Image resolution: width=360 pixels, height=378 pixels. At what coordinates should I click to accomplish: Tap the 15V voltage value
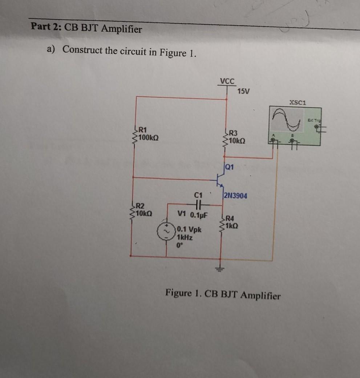click(243, 91)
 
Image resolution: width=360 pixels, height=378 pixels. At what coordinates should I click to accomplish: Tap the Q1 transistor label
click(229, 168)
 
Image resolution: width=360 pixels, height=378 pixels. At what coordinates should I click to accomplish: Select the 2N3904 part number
click(235, 196)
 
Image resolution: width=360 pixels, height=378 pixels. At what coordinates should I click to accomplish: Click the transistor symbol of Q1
click(219, 180)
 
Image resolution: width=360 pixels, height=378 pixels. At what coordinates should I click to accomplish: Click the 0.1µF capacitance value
click(199, 214)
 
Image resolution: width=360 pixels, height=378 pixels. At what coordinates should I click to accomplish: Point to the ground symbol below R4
click(220, 268)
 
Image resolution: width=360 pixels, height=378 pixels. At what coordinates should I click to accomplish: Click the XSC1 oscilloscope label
click(298, 103)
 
